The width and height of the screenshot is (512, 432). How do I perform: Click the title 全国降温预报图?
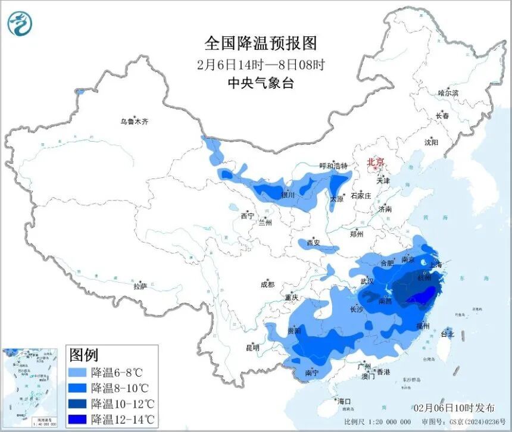[x=260, y=43]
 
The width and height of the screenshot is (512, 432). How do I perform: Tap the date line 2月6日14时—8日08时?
[x=260, y=64]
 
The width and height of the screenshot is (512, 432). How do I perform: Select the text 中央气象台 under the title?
[x=260, y=83]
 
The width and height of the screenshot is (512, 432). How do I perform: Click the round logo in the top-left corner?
[x=20, y=24]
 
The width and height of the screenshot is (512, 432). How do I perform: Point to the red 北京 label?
[x=376, y=161]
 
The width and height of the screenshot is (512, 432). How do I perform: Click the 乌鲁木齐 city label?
[x=134, y=121]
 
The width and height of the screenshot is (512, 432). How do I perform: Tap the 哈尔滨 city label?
[x=448, y=93]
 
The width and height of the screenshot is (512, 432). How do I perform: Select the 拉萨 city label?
[x=140, y=286]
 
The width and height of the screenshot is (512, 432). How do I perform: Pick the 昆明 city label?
[x=252, y=348]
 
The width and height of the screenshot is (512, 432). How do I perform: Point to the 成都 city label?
[x=267, y=284]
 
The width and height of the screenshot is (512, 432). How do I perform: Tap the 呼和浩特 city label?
[x=333, y=165]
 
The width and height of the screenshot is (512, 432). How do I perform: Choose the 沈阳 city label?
[x=431, y=142]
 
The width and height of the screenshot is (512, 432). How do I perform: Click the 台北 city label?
[x=447, y=334]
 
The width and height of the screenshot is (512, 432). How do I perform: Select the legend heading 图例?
[x=84, y=355]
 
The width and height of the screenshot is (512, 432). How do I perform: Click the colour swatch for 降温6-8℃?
[x=78, y=373]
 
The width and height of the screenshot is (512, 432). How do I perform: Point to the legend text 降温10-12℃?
[x=121, y=404]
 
